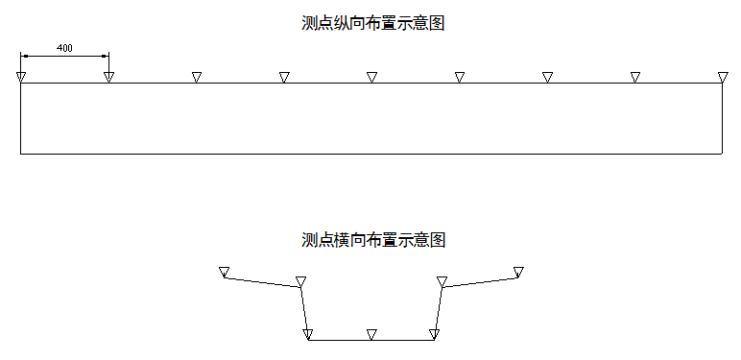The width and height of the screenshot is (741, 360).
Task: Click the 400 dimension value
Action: click(65, 47)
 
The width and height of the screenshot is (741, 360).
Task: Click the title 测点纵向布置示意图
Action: click(373, 24)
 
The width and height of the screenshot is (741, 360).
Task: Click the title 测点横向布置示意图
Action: click(373, 239)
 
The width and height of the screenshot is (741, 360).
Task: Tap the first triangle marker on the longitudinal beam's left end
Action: click(20, 77)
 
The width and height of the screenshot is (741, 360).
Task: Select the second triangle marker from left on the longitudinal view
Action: click(108, 77)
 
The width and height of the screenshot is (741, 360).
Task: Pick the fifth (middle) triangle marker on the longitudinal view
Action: click(371, 77)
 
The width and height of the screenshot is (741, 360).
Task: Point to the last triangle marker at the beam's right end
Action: click(723, 77)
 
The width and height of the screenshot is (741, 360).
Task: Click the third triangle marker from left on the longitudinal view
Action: click(196, 77)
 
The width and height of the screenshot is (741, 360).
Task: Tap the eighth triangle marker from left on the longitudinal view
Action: click(634, 77)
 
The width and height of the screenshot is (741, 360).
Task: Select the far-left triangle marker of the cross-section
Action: click(224, 272)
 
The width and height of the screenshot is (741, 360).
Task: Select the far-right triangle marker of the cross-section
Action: click(518, 272)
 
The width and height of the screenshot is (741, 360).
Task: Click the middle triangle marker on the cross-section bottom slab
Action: click(371, 334)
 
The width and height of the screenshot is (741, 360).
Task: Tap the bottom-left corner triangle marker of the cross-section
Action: click(308, 334)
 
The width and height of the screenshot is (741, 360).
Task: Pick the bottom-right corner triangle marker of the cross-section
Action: click(434, 334)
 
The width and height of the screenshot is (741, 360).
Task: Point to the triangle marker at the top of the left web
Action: click(300, 281)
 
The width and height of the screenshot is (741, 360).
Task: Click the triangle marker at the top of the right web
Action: click(442, 281)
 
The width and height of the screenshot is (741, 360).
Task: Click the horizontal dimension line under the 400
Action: click(64, 55)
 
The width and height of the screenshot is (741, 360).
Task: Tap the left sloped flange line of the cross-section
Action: click(262, 282)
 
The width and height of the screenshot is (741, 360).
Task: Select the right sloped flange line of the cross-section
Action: click(480, 281)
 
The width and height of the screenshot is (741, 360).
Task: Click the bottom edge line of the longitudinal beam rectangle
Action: click(371, 154)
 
